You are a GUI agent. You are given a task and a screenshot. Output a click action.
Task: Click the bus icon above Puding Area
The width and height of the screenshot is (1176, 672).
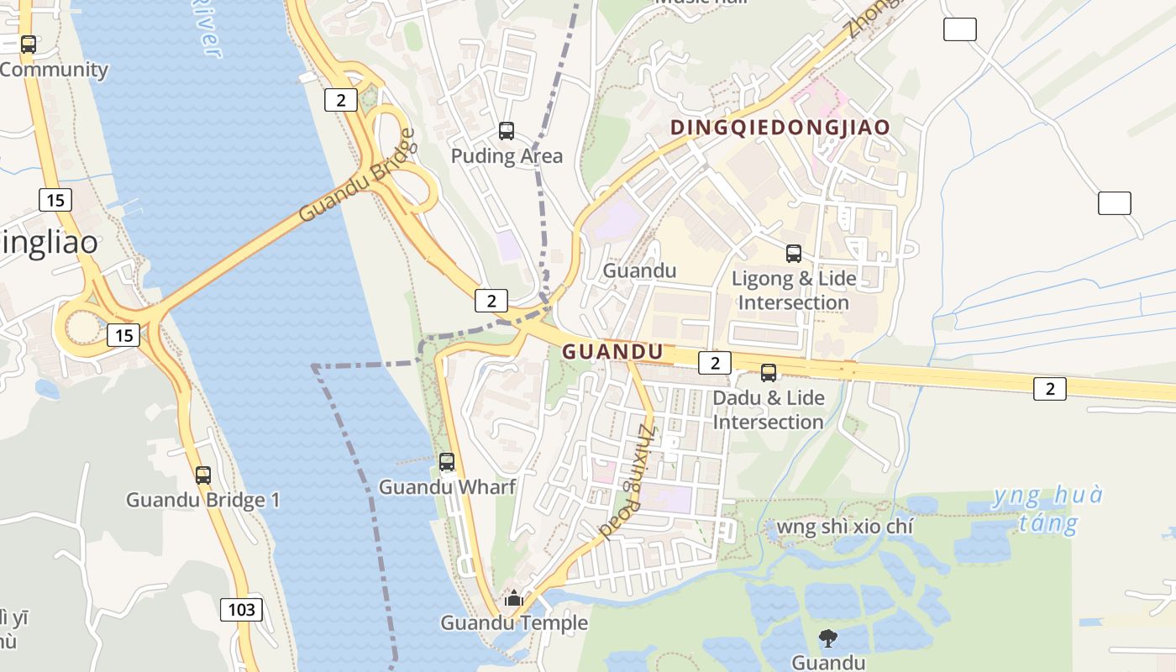[x=507, y=130]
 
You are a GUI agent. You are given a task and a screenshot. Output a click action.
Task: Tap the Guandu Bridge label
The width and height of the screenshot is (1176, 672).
[x=357, y=176]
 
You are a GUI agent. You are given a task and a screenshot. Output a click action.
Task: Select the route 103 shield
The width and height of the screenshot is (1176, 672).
[x=241, y=610]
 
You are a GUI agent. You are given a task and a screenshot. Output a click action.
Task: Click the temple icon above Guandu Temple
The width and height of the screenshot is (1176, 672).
[x=513, y=598]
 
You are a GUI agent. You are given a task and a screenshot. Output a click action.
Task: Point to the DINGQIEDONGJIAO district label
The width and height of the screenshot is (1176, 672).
[x=780, y=128]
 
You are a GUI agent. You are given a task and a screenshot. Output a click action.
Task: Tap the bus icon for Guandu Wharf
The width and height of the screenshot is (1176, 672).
[x=447, y=461]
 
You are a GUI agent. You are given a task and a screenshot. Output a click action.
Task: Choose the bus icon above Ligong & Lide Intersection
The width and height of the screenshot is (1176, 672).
[x=793, y=253]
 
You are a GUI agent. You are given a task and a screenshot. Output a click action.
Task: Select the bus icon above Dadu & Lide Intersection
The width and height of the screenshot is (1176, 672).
[x=769, y=372]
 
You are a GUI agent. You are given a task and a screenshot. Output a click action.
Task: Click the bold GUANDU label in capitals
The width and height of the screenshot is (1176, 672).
[x=612, y=352]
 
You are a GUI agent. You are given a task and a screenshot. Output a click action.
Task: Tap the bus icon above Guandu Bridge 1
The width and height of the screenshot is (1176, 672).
[x=203, y=475]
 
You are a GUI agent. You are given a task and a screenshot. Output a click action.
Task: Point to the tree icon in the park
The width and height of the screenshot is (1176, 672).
[x=828, y=638]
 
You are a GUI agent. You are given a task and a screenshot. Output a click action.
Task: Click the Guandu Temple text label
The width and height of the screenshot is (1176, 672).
[x=514, y=623]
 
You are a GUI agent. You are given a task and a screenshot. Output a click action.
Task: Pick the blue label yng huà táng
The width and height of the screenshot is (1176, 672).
[x=1047, y=509]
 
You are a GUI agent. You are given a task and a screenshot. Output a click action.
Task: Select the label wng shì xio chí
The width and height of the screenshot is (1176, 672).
[x=844, y=527]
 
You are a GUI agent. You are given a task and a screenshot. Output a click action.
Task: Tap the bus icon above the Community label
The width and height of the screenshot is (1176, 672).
[x=29, y=44]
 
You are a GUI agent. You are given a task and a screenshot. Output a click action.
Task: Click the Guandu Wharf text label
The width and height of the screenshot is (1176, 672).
[x=447, y=487]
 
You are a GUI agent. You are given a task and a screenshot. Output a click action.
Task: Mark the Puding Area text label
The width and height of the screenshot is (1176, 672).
[x=507, y=156]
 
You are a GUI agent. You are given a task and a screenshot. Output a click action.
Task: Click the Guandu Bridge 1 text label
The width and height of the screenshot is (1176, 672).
[x=203, y=501]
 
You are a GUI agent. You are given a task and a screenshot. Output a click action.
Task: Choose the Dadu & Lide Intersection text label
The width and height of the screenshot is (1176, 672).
[x=769, y=410]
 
